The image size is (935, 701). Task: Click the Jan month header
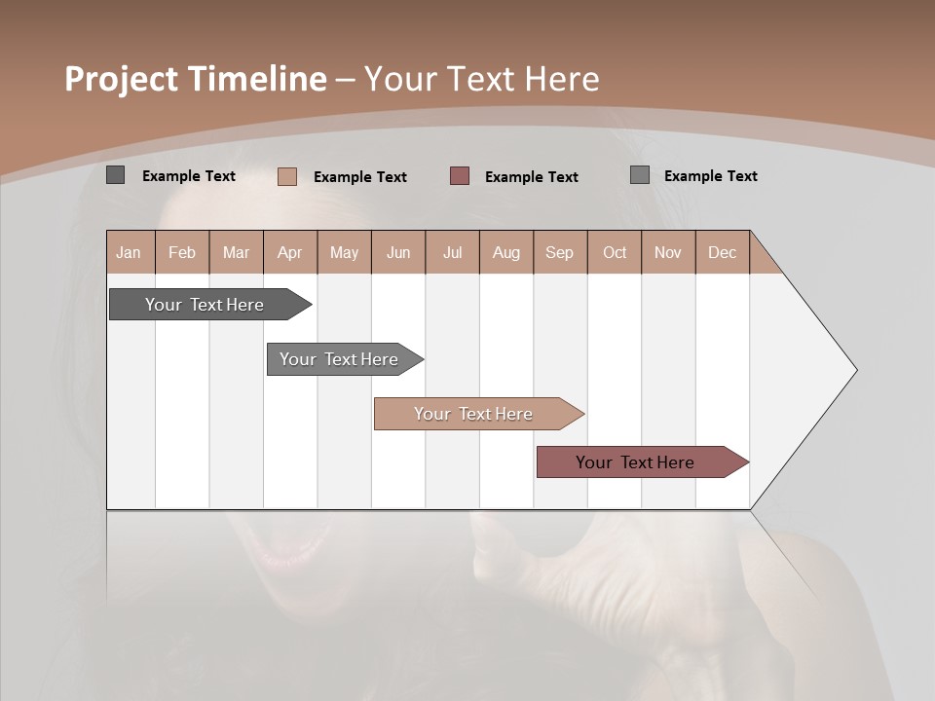click(130, 252)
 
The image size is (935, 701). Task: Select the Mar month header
click(236, 252)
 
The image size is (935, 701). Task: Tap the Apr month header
click(290, 252)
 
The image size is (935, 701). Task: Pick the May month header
click(344, 252)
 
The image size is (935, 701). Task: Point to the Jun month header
click(398, 252)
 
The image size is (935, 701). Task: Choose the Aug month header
click(506, 252)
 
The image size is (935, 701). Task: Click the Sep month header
click(560, 252)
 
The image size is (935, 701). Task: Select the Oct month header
click(615, 252)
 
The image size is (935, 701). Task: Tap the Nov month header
click(668, 252)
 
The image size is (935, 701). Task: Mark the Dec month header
click(722, 252)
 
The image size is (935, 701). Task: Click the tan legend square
click(287, 176)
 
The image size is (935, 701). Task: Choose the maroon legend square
click(460, 176)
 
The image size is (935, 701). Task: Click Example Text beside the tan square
click(360, 177)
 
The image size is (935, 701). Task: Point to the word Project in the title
click(121, 80)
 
